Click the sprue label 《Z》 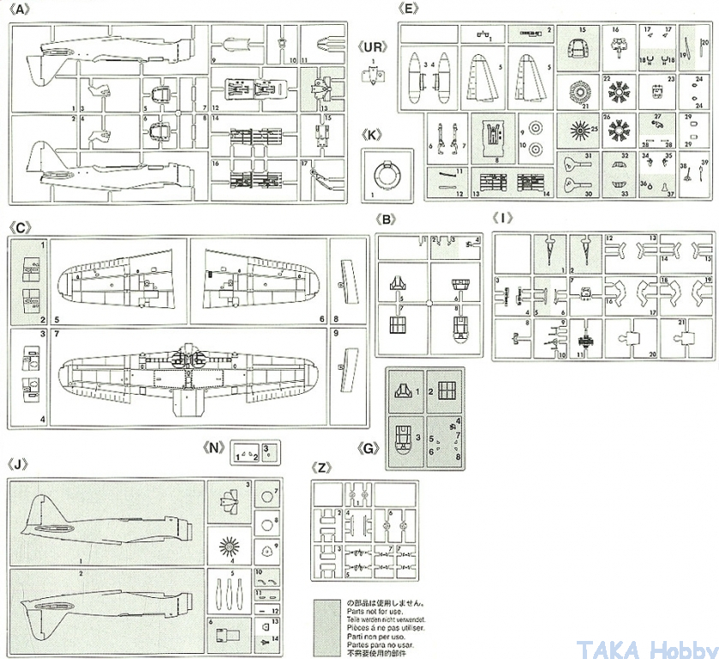pyautogui.click(x=321, y=469)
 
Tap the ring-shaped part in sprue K pyautogui.click(x=390, y=178)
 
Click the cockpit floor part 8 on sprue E pyautogui.click(x=492, y=137)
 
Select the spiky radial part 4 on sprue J pyautogui.click(x=229, y=544)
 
